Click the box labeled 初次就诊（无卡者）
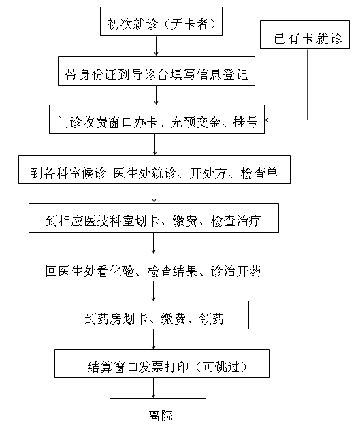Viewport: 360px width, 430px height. coord(161,21)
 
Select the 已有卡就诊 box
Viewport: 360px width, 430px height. coord(305,35)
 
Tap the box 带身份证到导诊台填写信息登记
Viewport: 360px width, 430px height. coord(157,71)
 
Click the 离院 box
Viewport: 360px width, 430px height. coord(158,412)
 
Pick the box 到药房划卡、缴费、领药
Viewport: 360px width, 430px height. coord(157,315)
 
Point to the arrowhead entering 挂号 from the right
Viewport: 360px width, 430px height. coord(267,120)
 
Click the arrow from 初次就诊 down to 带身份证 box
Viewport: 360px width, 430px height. coord(156,46)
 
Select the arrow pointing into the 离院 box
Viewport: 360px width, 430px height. coord(153,388)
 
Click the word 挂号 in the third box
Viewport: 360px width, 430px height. coord(245,122)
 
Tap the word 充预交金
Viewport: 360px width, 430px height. coord(195,122)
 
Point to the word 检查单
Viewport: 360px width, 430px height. coord(259,173)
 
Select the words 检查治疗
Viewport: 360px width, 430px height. coord(235,220)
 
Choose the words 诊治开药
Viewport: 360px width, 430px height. coord(235,271)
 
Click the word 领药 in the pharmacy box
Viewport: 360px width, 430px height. coord(211,318)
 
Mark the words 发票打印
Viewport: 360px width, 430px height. coord(163,367)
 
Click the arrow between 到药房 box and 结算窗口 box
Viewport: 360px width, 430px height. coord(153,340)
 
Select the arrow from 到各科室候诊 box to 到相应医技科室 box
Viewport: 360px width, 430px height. coord(154,193)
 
